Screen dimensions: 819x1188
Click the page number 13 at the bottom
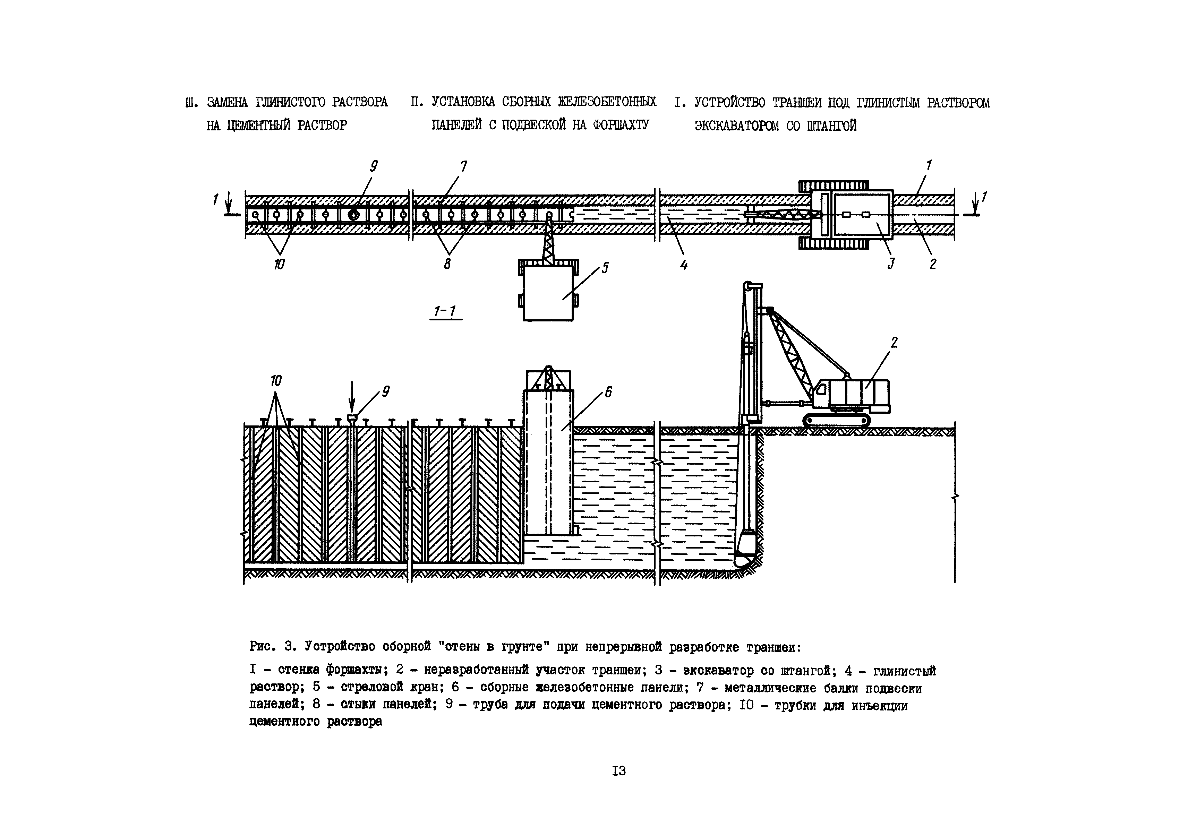(x=619, y=771)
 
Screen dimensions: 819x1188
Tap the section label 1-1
(x=445, y=311)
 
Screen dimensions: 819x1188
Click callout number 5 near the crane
(x=605, y=268)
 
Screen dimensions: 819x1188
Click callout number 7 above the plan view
(x=464, y=167)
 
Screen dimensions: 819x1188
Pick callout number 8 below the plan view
(x=447, y=264)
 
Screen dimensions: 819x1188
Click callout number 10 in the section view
(x=276, y=381)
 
